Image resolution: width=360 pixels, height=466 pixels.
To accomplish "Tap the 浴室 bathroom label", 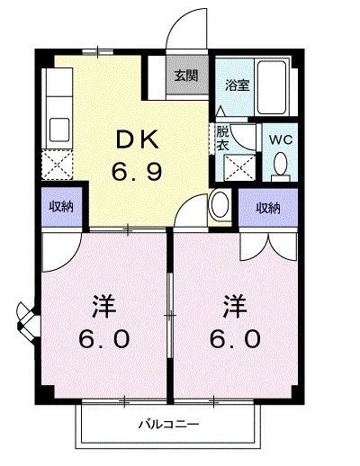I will [237, 85].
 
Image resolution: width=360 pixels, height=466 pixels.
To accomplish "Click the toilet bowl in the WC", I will [280, 164].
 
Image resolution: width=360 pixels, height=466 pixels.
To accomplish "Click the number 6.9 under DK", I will [138, 170].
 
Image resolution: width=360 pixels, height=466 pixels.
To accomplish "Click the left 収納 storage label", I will [61, 207].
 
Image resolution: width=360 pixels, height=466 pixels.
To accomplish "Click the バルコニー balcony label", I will [168, 424].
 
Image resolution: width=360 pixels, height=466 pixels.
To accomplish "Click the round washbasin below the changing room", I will [219, 206].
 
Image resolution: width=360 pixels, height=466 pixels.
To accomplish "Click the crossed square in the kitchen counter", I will [57, 165].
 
